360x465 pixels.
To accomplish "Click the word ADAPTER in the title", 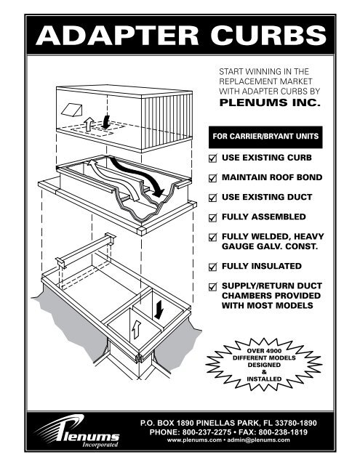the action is (117, 36).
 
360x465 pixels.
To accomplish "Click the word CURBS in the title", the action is (268, 36).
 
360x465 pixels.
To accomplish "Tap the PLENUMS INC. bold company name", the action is (270, 102).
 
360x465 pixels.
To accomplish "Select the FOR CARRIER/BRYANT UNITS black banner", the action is (265, 137).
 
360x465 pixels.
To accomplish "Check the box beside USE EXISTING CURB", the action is (213, 158).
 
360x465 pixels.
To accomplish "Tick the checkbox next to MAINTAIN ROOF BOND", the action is (213, 178).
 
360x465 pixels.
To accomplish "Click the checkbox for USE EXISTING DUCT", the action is (213, 198).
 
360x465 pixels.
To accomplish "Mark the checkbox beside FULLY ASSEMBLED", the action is (213, 217).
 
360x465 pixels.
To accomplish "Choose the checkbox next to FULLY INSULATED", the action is (213, 267).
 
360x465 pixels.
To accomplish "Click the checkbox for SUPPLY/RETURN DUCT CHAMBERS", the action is (213, 286).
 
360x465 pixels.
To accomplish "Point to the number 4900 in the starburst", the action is (272, 351).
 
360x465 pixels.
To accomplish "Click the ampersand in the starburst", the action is (264, 372).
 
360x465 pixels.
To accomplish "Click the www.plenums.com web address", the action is (194, 440).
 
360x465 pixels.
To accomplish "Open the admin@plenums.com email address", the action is (258, 440).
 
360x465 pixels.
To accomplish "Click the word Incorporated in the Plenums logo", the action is (100, 445).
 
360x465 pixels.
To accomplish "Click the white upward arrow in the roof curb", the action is (136, 329).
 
